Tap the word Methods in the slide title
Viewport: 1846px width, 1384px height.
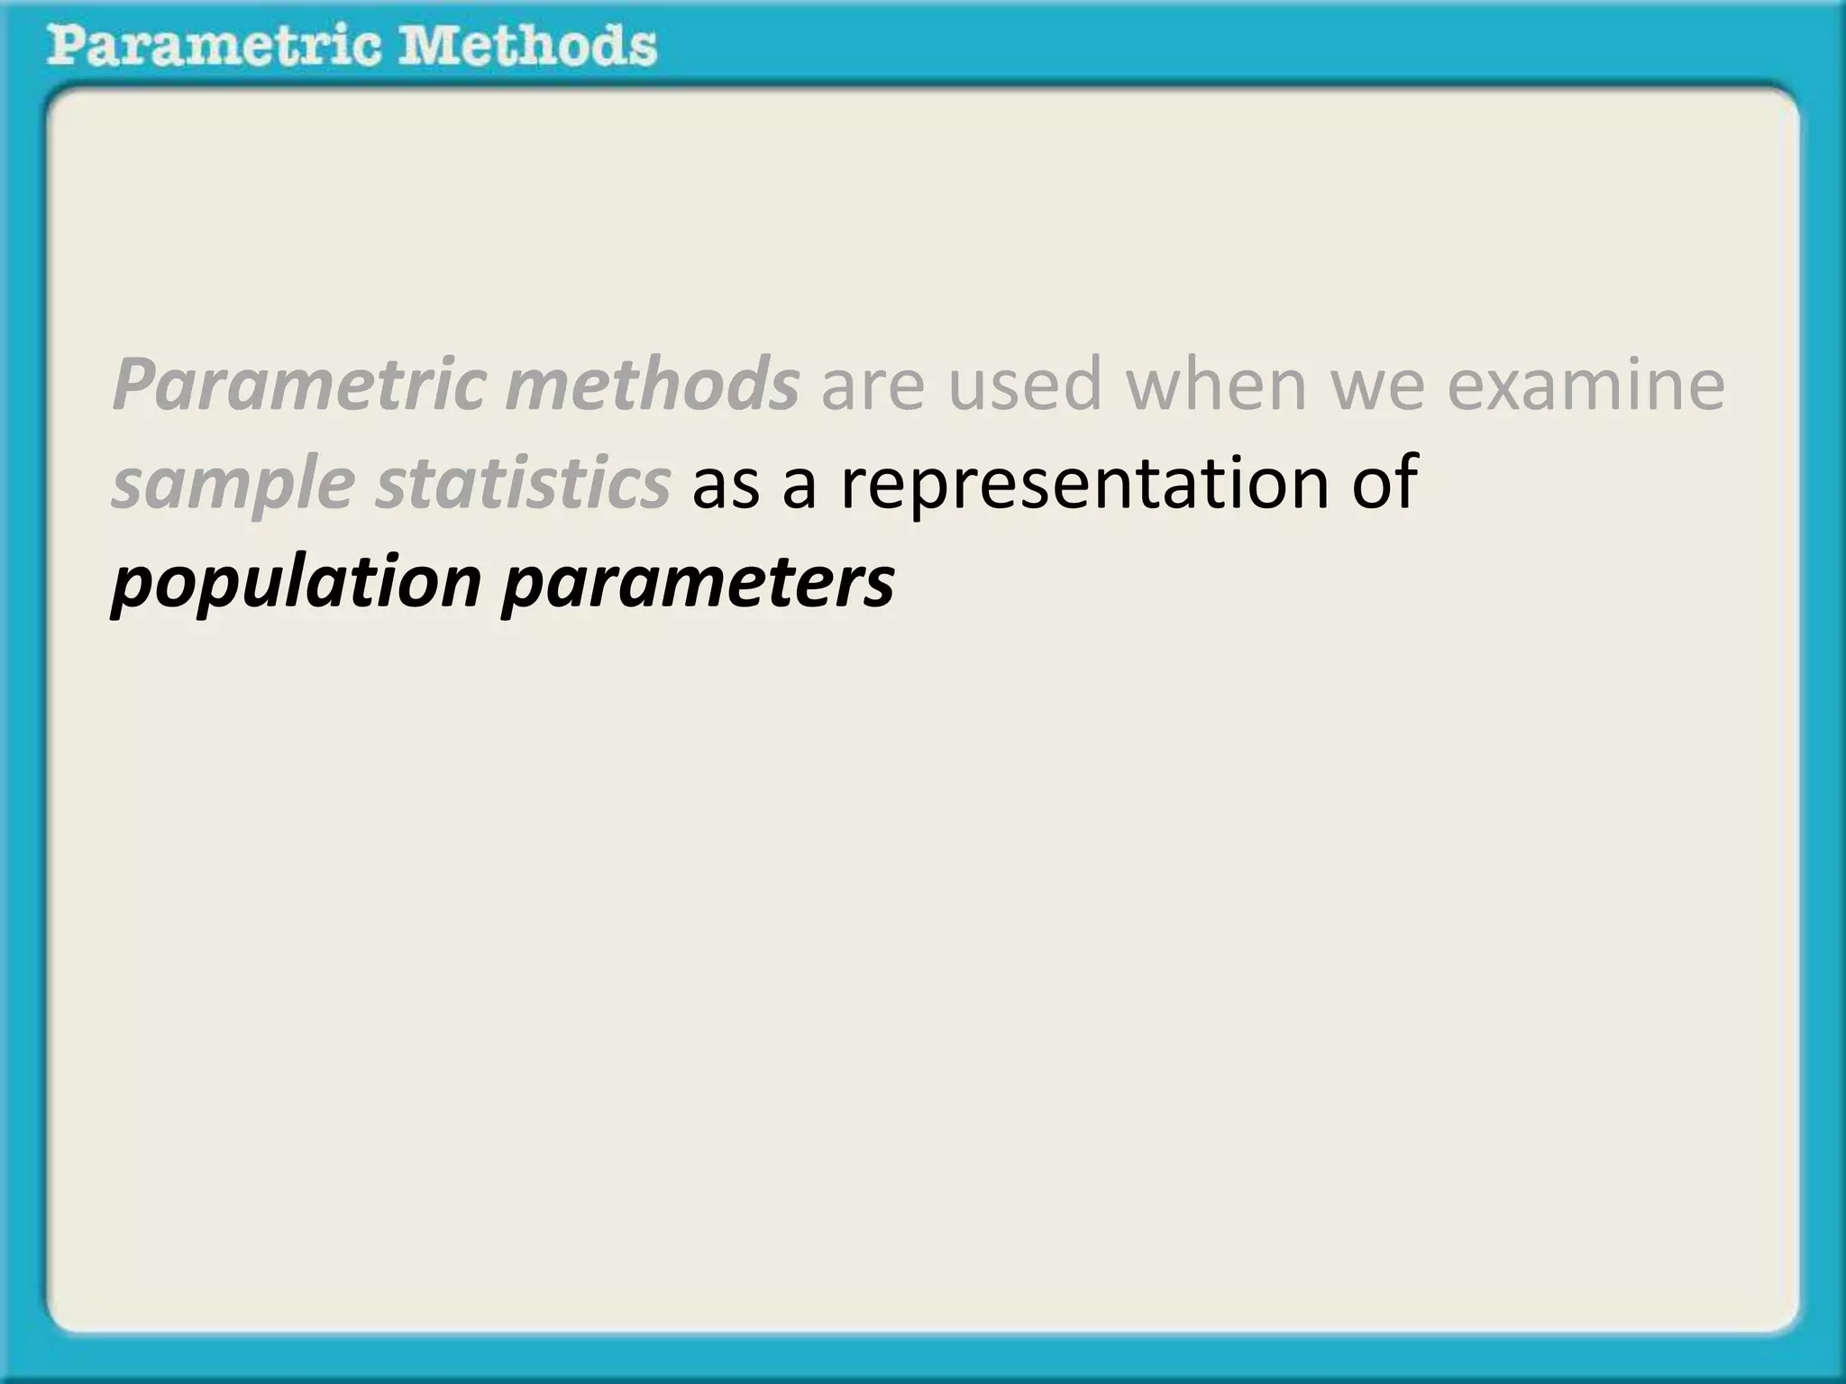(528, 45)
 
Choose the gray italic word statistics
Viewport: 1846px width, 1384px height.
(523, 482)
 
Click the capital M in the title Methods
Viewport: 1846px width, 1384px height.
(431, 45)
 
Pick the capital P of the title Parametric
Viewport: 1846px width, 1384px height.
(66, 45)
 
